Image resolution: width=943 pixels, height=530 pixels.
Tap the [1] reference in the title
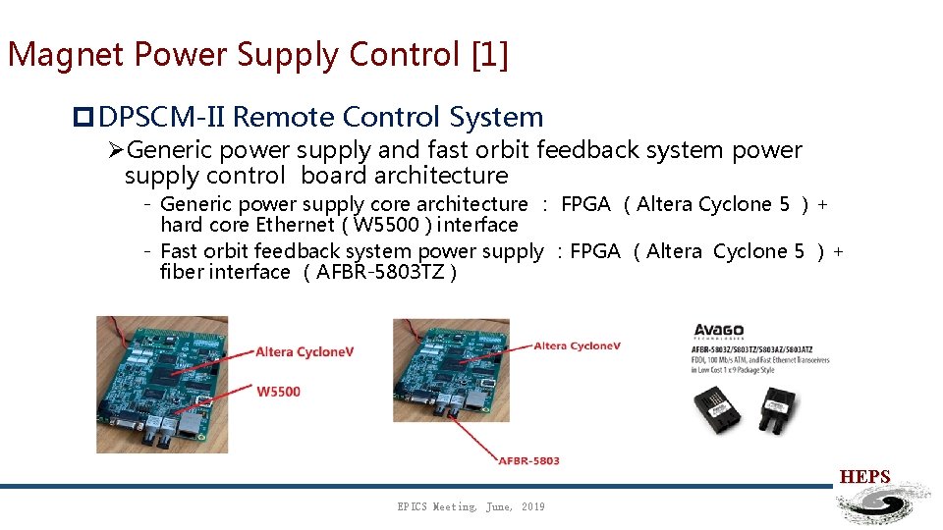tap(489, 55)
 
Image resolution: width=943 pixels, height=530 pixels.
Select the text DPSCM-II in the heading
tap(162, 117)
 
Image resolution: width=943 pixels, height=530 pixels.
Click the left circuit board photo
tap(162, 384)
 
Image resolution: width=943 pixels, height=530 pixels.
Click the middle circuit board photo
tap(451, 370)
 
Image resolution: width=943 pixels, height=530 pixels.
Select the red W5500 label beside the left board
tap(278, 392)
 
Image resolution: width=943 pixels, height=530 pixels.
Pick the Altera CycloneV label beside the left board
tap(305, 351)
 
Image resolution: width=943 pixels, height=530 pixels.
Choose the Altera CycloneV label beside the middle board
tap(577, 345)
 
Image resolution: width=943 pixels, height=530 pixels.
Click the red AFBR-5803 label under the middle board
tap(528, 460)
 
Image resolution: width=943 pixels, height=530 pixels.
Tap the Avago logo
tap(719, 331)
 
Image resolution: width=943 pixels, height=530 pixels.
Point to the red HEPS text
tap(864, 477)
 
